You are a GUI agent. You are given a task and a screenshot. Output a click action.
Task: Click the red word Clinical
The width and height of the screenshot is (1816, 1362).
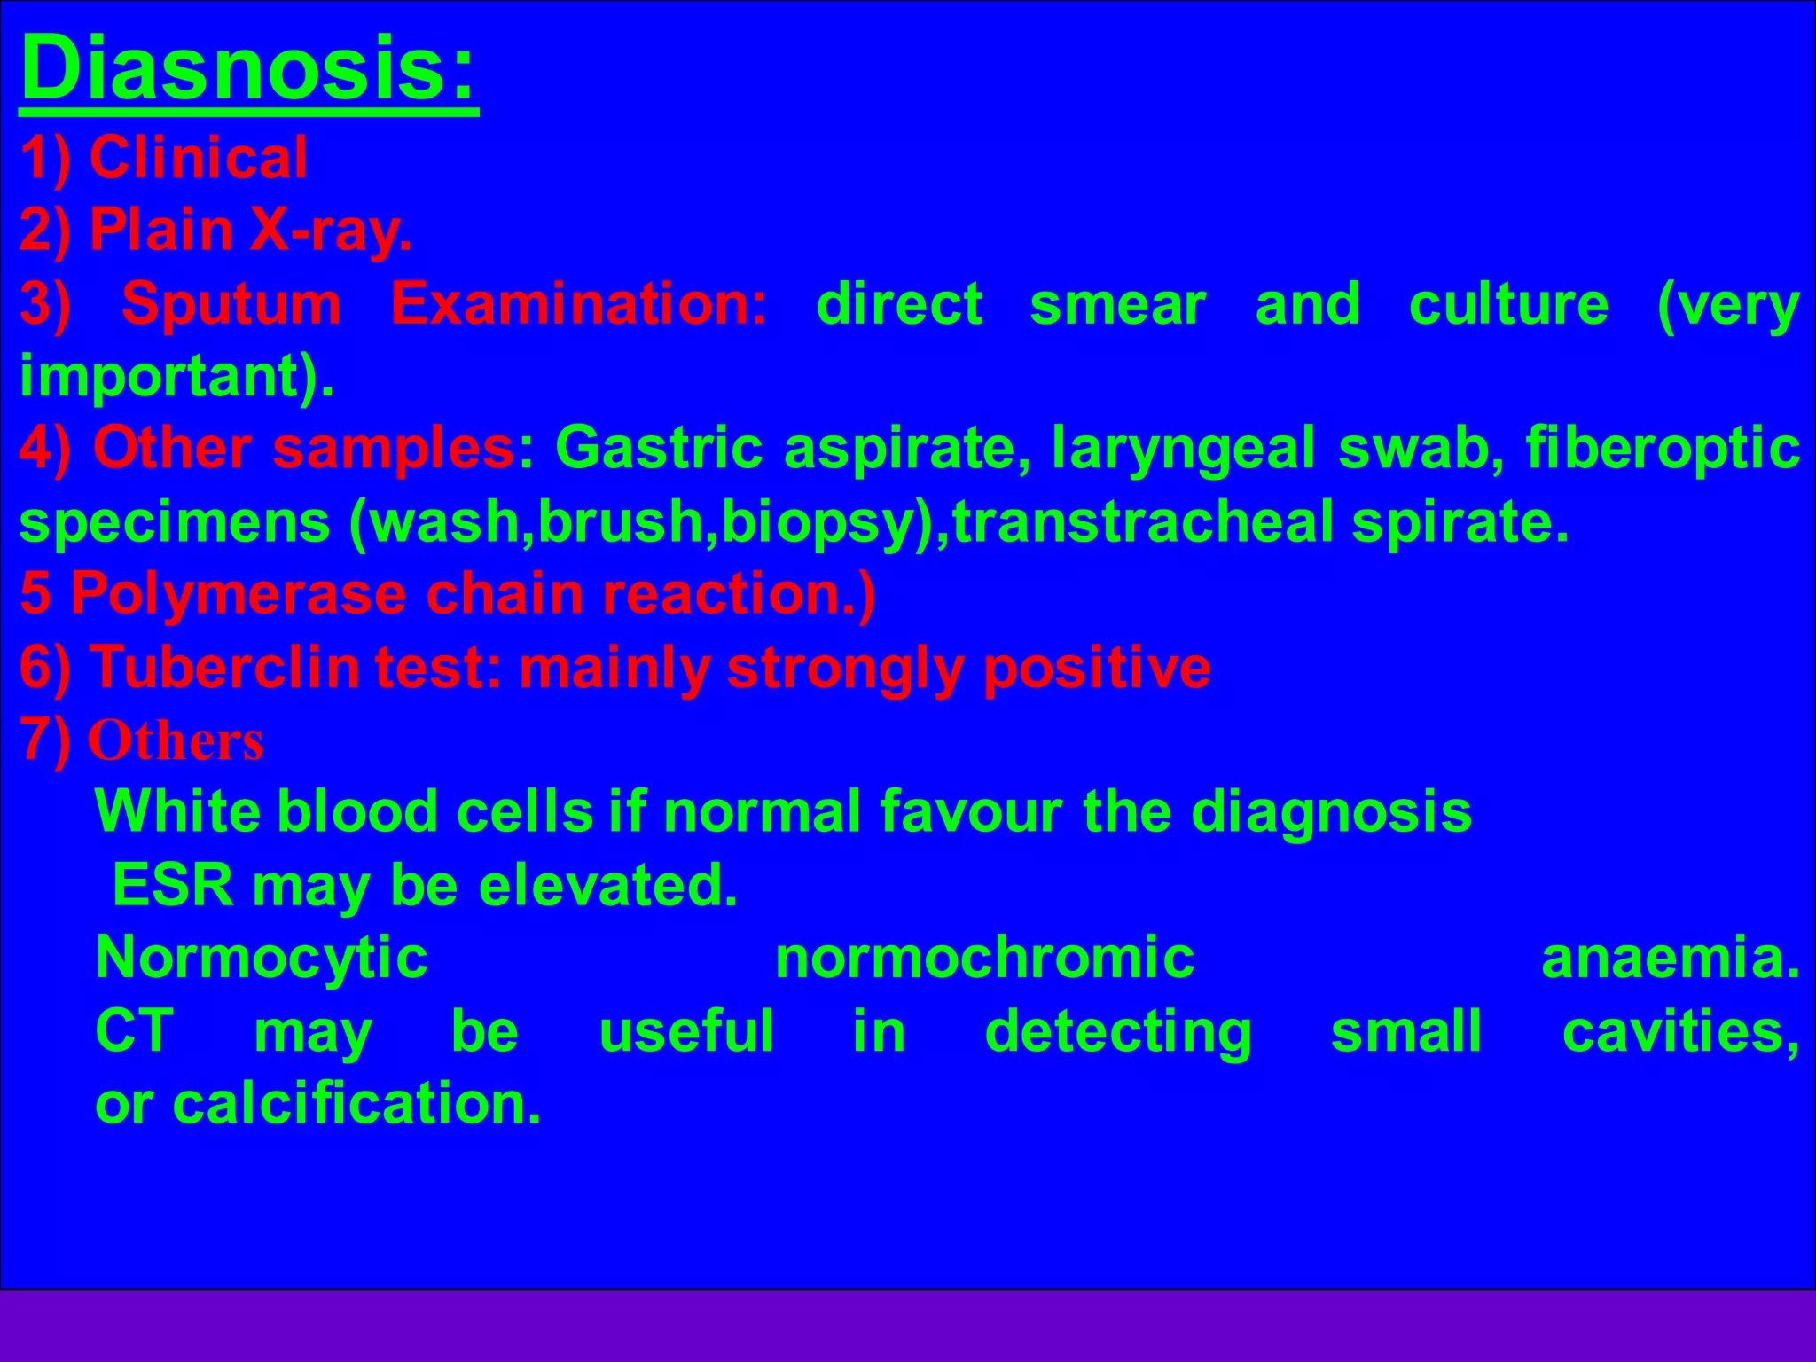coord(198,159)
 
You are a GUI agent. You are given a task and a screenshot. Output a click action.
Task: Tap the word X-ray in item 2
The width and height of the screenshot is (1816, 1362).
coord(330,231)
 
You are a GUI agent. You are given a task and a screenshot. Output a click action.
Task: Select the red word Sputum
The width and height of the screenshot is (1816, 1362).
coord(231,304)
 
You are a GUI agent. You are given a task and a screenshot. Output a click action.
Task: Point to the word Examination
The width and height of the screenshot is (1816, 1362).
coord(578,304)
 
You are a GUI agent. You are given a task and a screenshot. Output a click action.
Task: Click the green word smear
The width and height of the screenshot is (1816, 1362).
coord(1117,304)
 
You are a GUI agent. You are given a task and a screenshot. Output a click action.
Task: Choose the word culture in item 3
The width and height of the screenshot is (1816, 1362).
coord(1507,304)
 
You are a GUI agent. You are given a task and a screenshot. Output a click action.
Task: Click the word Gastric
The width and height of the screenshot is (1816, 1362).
coord(658,448)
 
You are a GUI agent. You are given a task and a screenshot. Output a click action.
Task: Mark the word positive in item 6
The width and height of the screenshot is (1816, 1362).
coord(1097,667)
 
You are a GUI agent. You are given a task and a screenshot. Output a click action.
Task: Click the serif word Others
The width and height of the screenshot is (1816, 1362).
coord(176,740)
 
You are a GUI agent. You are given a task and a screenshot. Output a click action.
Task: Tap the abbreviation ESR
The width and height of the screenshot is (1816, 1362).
coord(172,885)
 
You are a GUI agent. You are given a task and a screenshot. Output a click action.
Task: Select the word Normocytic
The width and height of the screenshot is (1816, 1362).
coord(262,959)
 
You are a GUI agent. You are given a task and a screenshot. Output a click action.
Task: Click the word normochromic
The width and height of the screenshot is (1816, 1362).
coord(984,959)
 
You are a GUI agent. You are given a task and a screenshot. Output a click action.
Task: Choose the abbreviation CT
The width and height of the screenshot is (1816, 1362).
coord(134,1031)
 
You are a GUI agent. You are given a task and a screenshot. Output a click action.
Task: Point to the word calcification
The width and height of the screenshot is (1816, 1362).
coord(356,1104)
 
